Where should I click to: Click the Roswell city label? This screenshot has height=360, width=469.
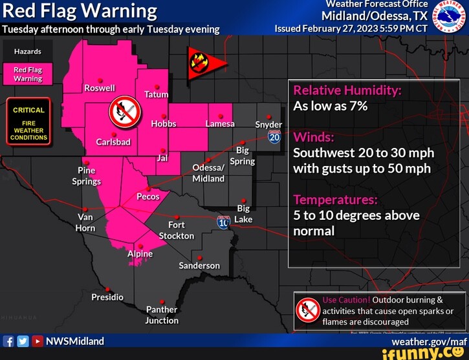100,88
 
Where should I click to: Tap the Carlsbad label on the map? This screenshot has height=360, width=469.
113,142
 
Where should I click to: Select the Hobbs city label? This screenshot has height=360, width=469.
163,123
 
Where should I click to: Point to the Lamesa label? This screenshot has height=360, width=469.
221,123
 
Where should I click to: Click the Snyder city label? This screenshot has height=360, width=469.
268,124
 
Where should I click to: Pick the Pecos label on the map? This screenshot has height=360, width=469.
147,196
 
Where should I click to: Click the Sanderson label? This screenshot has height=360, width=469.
199,266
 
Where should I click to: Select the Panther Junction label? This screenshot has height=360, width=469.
162,315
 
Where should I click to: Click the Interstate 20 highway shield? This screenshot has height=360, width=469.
274,136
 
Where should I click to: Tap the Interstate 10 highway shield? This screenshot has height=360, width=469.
224,222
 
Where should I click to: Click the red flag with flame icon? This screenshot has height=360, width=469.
201,63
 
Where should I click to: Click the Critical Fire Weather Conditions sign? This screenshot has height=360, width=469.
28,123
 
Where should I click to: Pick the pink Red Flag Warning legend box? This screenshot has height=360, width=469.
28,74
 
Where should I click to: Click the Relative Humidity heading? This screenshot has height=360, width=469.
347,90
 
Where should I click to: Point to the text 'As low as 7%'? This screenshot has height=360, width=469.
330,106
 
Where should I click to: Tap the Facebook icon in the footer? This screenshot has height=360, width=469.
8,341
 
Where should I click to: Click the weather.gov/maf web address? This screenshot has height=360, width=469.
428,341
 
